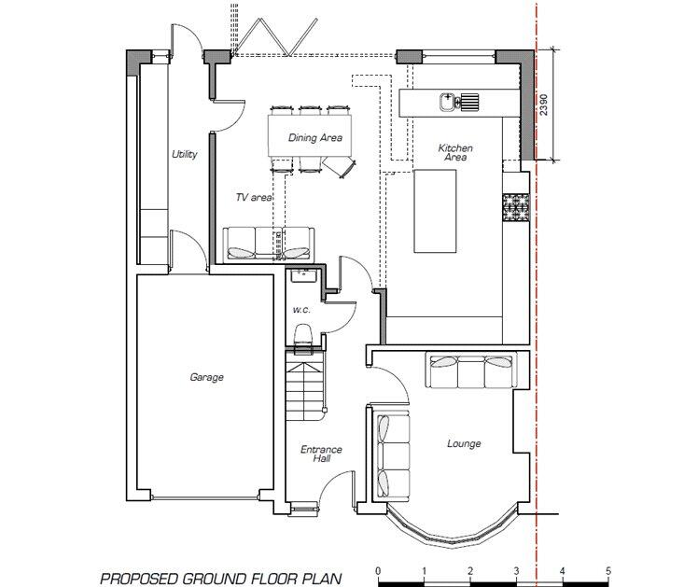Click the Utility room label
(184, 154)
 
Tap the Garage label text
(206, 377)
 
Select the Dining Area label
(314, 138)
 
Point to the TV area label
(253, 198)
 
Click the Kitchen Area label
(455, 153)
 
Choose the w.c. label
(300, 309)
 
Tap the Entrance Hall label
(321, 454)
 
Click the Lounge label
(464, 443)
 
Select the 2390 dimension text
(544, 104)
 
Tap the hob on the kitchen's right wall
(515, 207)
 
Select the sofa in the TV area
(269, 243)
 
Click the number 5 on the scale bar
(607, 571)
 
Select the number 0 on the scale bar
(378, 571)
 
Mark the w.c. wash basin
(301, 276)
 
